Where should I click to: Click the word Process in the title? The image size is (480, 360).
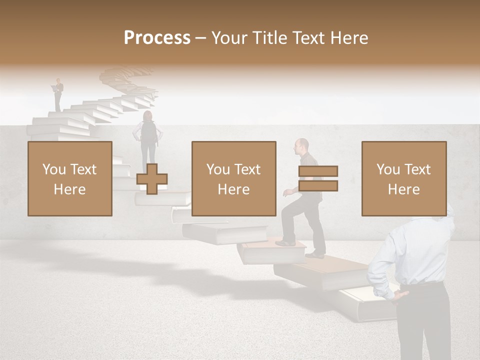pos(157,37)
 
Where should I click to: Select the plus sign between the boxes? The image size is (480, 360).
pos(152,179)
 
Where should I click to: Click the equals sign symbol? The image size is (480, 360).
pos(318,178)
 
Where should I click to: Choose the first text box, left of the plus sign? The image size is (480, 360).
pos(69,178)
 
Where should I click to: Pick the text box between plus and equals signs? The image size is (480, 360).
pos(233,178)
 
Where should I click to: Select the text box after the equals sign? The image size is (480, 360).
pos(403,178)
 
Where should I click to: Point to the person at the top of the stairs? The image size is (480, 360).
pos(58,94)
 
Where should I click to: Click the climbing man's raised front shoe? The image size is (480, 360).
pos(285,243)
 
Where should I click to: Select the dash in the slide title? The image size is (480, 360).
pos(200,38)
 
